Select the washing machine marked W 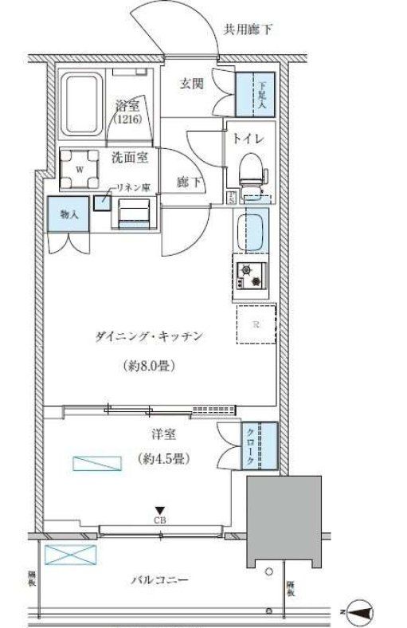[x=80, y=169]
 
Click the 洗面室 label [x=130, y=157]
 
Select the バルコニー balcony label [x=159, y=580]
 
